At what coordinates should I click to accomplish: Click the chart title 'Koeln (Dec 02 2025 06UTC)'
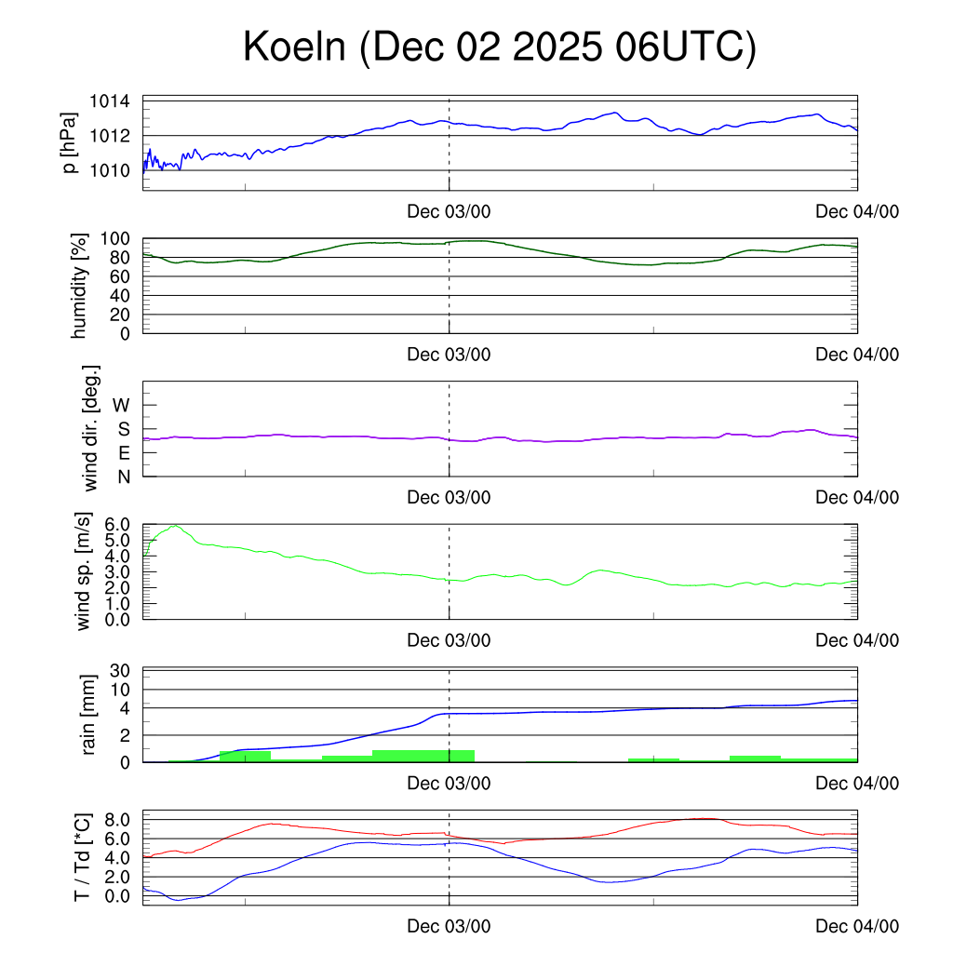point(500,47)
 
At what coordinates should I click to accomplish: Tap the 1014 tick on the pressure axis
point(109,101)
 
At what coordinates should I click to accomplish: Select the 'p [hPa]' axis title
point(70,144)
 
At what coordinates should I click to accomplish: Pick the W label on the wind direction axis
point(122,405)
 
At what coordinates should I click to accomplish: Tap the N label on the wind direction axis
point(123,476)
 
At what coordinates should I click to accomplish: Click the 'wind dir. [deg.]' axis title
point(91,428)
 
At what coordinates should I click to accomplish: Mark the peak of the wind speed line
point(174,526)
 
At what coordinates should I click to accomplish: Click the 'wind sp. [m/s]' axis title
point(85,571)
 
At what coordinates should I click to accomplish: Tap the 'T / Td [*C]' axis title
point(83,857)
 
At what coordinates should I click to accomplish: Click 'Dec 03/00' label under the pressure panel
point(449,211)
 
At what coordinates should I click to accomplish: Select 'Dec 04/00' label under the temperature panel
point(857,926)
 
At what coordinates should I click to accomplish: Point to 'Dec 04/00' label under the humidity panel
point(857,354)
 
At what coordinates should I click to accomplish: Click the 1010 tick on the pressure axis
point(109,170)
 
